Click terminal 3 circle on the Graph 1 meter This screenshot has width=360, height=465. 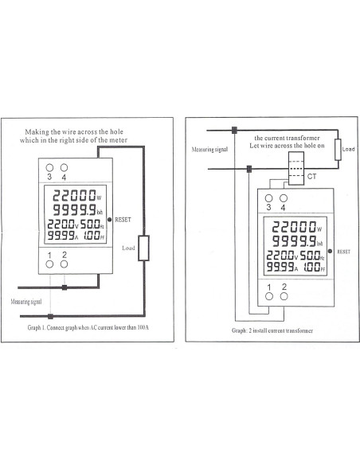[x=49, y=168]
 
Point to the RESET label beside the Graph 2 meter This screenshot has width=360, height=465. [x=343, y=250]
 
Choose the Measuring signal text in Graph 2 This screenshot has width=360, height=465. [x=209, y=149]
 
